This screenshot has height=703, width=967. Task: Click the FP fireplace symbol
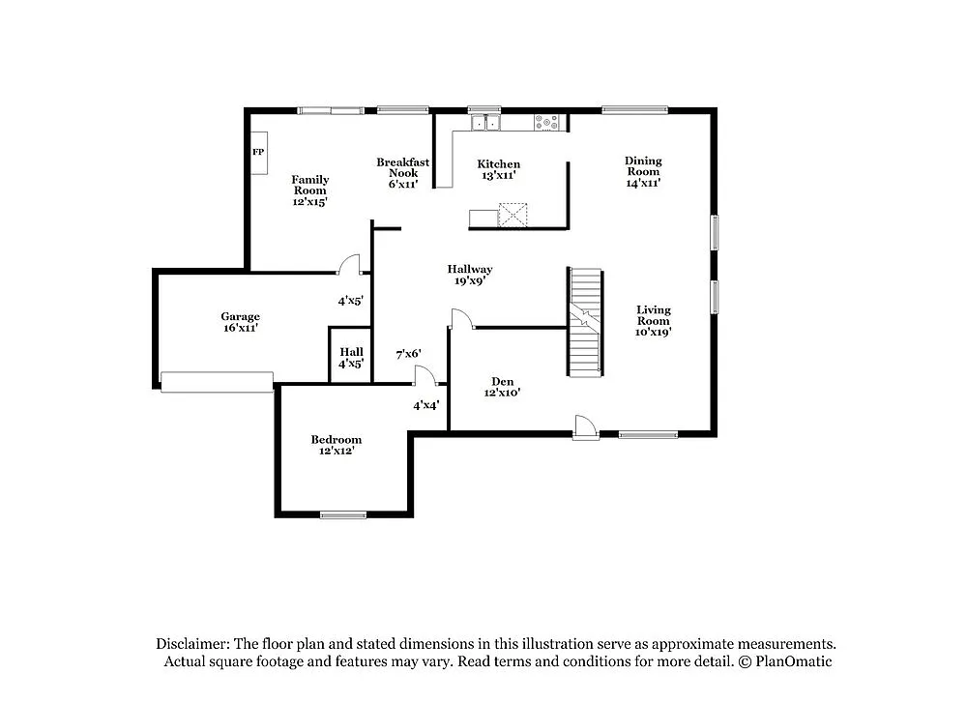259,154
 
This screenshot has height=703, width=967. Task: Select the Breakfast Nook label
402,172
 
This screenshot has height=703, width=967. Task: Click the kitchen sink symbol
484,123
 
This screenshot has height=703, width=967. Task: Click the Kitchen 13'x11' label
498,170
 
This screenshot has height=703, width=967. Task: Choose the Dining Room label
642,171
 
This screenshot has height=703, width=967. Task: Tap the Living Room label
653,320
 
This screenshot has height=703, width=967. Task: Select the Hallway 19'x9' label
469,276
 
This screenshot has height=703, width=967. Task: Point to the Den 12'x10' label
502,387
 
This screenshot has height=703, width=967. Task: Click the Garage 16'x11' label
240,322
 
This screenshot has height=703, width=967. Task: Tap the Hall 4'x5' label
350,358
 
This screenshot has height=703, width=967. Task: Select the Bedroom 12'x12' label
336,445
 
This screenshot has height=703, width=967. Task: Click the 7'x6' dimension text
408,355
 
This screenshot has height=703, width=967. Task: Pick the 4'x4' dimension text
426,405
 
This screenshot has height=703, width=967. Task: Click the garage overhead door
217,382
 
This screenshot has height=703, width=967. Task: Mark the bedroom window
343,514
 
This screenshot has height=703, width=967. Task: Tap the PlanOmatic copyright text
784,662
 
